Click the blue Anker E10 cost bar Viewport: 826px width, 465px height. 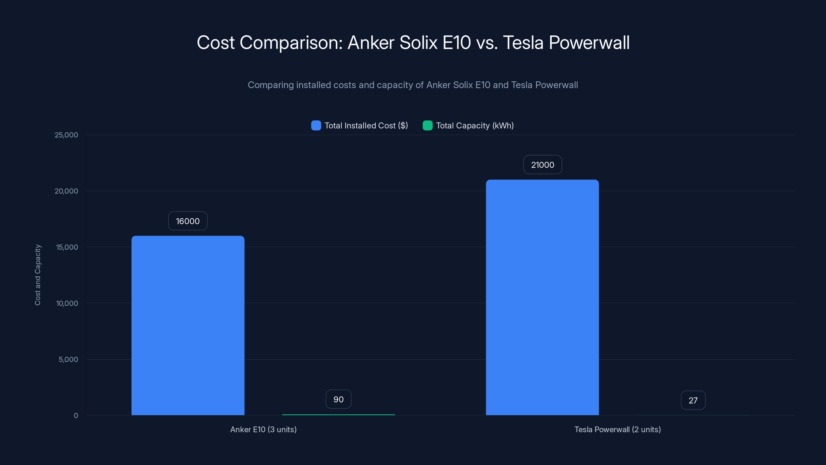(188, 326)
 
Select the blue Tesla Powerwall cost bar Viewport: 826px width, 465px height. (542, 298)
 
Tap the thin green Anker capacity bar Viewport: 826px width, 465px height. (338, 415)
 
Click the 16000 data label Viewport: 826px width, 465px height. (188, 221)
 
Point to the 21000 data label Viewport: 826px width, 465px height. (543, 165)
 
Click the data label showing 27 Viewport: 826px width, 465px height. (693, 400)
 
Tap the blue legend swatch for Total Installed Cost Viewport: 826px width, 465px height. (316, 126)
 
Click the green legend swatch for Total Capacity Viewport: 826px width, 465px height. (427, 126)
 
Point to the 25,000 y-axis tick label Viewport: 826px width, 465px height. (66, 135)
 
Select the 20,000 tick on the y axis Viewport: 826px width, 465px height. (66, 191)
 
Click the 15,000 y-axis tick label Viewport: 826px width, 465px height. (67, 247)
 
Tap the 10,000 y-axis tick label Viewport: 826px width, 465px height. (67, 304)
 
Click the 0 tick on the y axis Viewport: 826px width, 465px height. (76, 416)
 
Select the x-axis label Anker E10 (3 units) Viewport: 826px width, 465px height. (263, 430)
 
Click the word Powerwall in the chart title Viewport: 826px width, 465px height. (589, 43)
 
